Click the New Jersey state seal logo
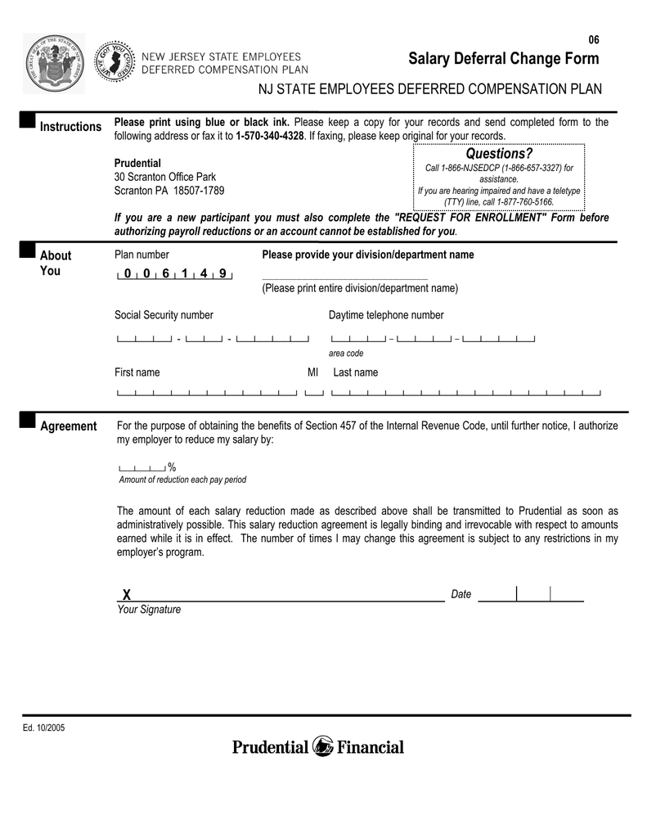[x=54, y=64]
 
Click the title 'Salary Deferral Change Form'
[x=503, y=59]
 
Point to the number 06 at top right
[x=594, y=40]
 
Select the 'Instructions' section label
[x=71, y=127]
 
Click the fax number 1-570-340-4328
[x=269, y=135]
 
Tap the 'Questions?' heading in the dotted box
[x=499, y=154]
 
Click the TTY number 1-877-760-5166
[x=521, y=201]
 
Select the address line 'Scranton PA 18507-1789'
[x=169, y=191]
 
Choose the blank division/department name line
[x=344, y=278]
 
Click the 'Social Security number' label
[x=164, y=315]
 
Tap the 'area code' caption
[x=346, y=354]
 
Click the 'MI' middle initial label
[x=312, y=372]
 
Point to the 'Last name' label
[x=356, y=372]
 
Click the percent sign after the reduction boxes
[x=172, y=466]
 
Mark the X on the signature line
[x=126, y=594]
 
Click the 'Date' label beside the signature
[x=461, y=594]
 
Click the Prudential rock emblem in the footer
[x=323, y=746]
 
